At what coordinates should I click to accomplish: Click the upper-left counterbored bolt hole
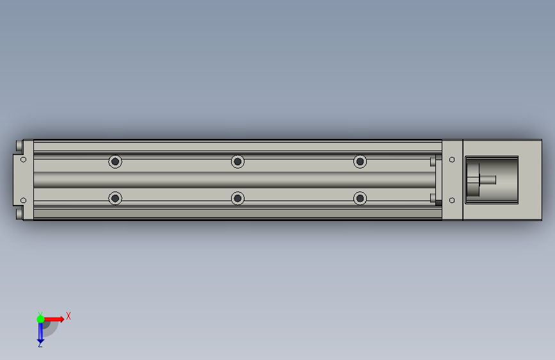coord(115,161)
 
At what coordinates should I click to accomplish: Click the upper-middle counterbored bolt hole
coord(237,161)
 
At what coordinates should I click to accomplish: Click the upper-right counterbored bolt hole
coord(360,161)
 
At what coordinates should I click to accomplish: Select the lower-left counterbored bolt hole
coord(115,198)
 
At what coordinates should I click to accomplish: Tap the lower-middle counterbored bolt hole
coord(237,198)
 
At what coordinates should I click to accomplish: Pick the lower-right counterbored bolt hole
coord(360,198)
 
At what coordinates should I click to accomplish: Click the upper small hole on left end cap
coord(23,160)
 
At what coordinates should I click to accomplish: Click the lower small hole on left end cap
coord(23,200)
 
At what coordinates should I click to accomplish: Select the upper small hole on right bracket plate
coord(452,160)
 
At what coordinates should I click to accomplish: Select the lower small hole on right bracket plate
coord(452,200)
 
